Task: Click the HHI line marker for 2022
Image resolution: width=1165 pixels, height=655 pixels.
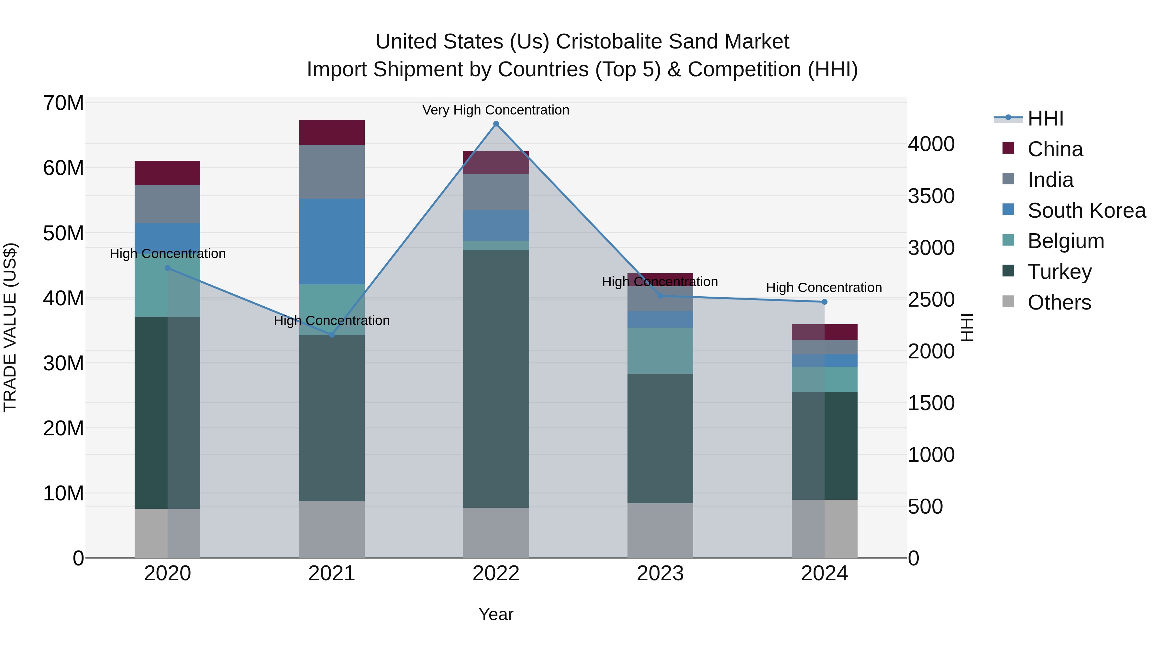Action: click(496, 124)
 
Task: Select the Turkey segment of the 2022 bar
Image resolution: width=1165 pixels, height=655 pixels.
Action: click(496, 379)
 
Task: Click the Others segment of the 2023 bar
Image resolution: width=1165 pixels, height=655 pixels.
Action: click(660, 530)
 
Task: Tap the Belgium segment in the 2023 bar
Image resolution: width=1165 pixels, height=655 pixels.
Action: click(660, 351)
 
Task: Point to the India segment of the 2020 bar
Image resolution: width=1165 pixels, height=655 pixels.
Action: click(167, 204)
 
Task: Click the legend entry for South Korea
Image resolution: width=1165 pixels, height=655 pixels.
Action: click(1086, 211)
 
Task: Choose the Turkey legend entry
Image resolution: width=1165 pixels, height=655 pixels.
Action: click(1059, 272)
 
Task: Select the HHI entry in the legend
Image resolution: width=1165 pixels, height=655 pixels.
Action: click(1045, 118)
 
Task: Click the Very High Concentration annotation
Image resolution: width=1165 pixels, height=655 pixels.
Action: click(496, 110)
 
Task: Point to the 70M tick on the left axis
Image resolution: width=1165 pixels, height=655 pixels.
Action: click(63, 103)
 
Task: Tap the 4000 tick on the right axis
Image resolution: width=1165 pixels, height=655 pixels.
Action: click(931, 144)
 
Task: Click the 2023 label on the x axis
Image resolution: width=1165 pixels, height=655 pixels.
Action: click(660, 573)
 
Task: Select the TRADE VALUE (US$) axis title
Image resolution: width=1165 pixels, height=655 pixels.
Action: click(10, 327)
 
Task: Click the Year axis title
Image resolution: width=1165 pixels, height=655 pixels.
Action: click(496, 614)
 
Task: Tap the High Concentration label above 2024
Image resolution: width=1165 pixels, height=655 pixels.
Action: click(824, 288)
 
